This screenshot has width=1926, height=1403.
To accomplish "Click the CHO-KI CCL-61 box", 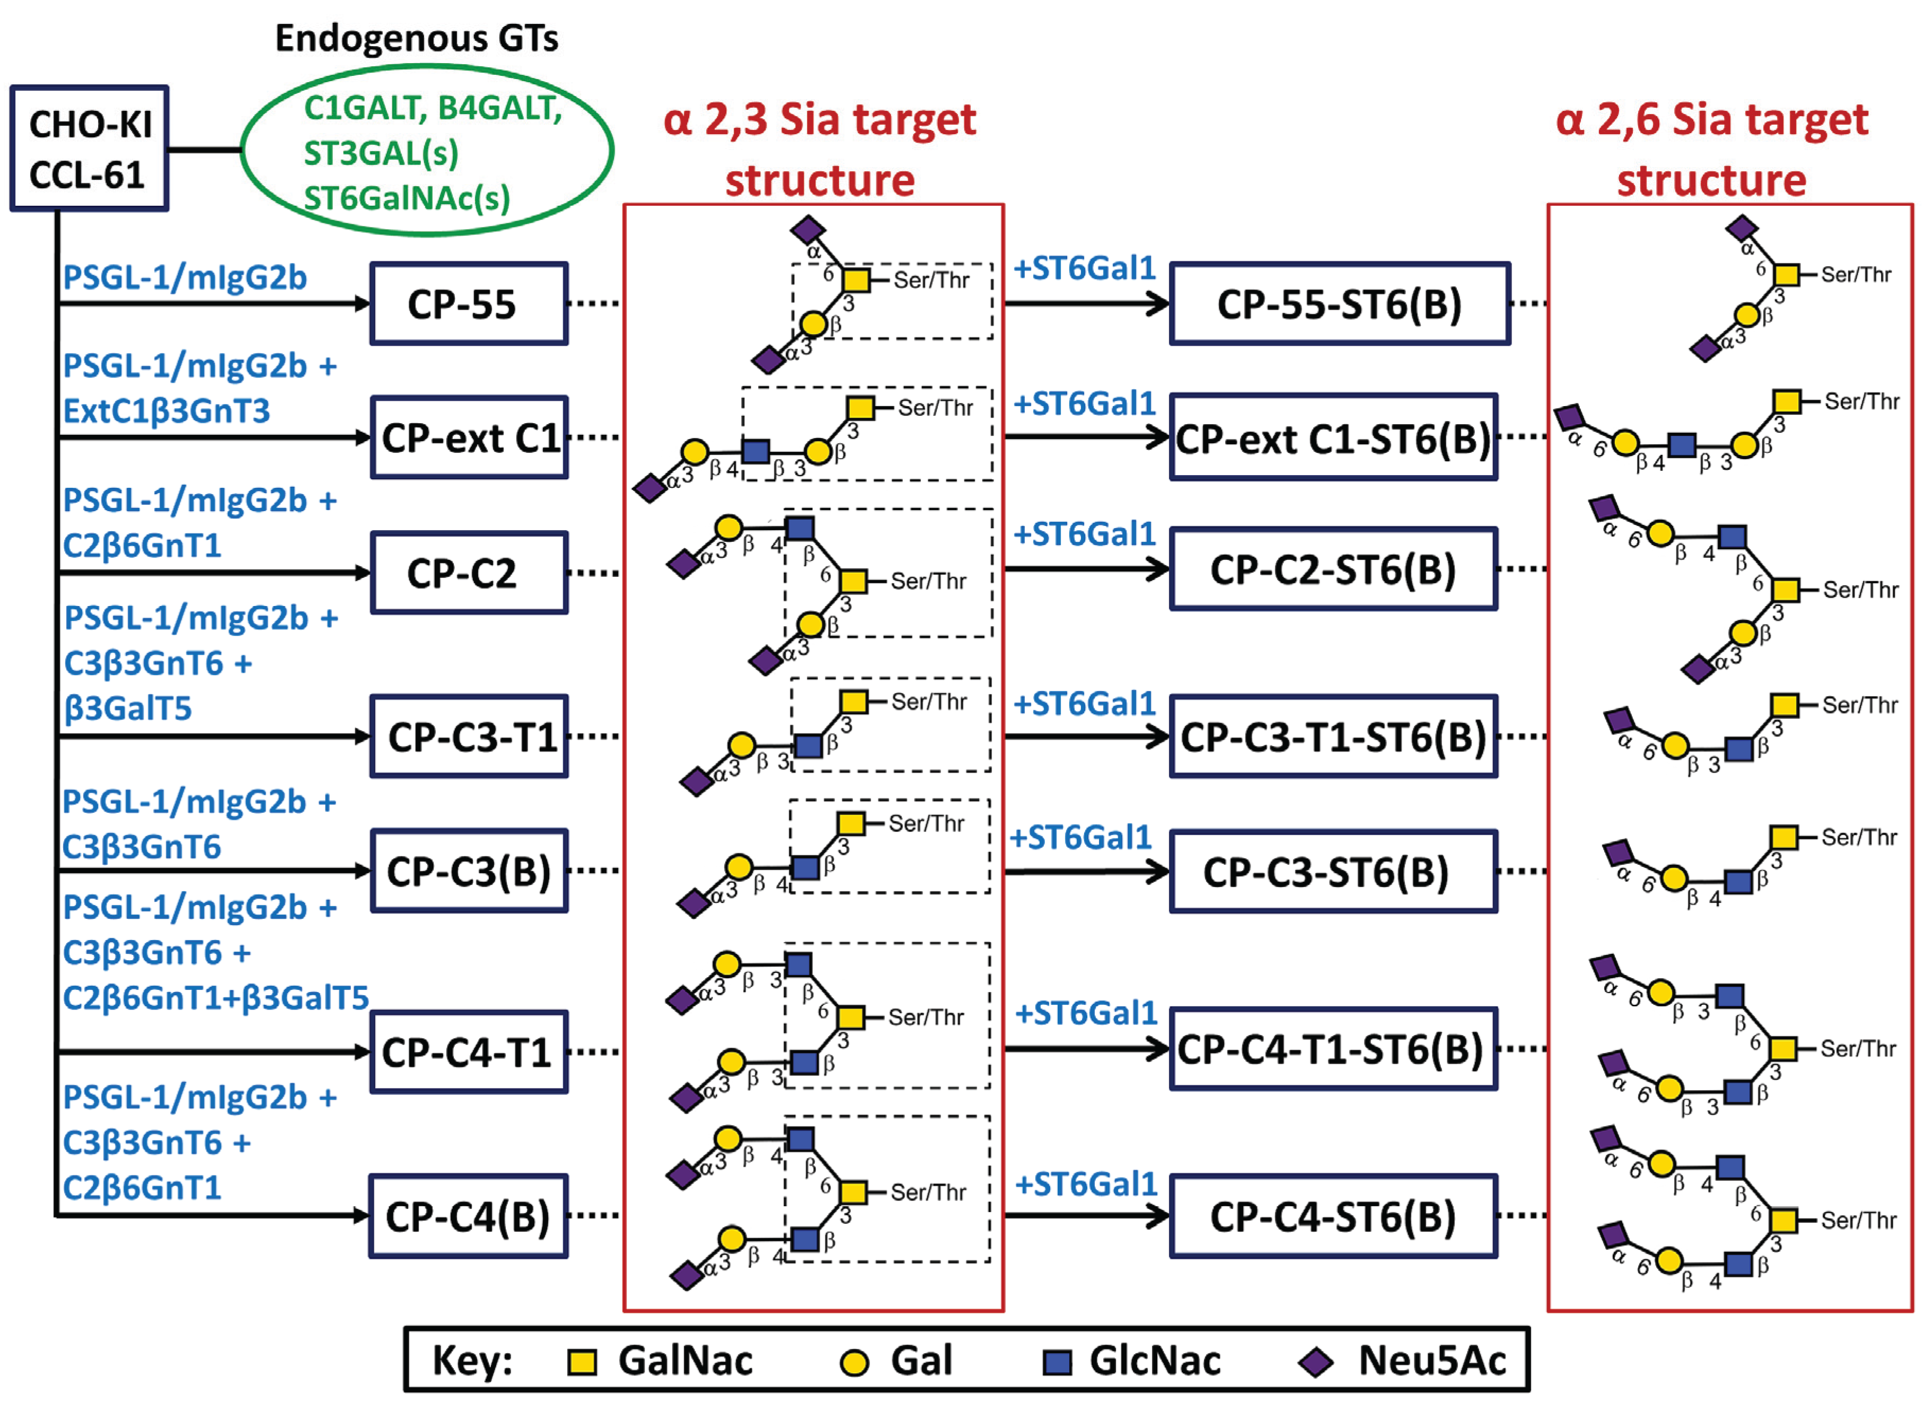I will [89, 148].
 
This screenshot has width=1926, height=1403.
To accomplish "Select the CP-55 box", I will [469, 304].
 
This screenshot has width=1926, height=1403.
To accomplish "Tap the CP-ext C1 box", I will [469, 438].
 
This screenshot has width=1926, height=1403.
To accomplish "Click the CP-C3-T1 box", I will [469, 736].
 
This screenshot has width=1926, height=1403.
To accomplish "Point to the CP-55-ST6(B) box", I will [1339, 304].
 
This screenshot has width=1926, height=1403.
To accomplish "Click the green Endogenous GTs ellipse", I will [427, 151].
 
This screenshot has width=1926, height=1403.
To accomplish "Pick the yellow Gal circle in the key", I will [854, 1362].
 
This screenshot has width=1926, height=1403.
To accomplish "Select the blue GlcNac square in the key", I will [1057, 1362].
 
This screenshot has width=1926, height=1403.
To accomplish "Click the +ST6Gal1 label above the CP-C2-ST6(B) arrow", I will [1085, 534].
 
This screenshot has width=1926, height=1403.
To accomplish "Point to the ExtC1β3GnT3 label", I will [166, 411].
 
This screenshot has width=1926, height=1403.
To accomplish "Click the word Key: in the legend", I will [472, 1361].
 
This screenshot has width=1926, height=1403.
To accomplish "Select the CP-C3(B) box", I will [469, 871].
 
